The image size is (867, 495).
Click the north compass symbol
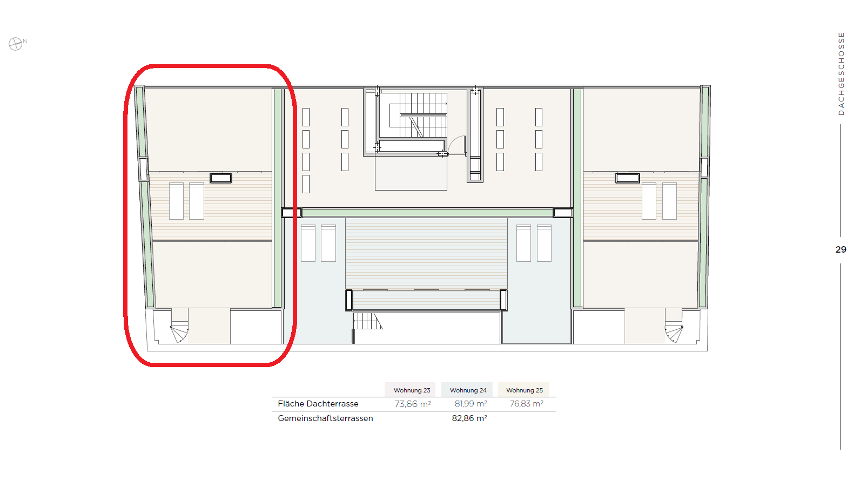click(16, 44)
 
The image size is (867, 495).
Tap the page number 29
click(841, 249)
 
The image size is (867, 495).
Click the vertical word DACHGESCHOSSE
click(841, 73)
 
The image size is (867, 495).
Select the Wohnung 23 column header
click(412, 390)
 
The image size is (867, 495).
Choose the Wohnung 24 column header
click(468, 390)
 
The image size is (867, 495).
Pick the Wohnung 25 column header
click(525, 390)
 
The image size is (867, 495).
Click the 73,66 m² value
click(413, 404)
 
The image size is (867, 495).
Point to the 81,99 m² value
click(471, 404)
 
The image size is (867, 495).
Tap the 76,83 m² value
click(526, 404)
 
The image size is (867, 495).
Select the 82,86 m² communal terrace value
click(469, 418)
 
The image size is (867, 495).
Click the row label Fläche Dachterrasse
click(318, 404)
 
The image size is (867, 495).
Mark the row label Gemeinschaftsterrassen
click(325, 418)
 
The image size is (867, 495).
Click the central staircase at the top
click(418, 115)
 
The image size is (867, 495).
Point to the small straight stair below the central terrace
click(367, 321)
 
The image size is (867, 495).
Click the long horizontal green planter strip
click(427, 213)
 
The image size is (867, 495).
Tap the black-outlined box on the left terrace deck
click(221, 178)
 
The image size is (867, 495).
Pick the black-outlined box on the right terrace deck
click(627, 178)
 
